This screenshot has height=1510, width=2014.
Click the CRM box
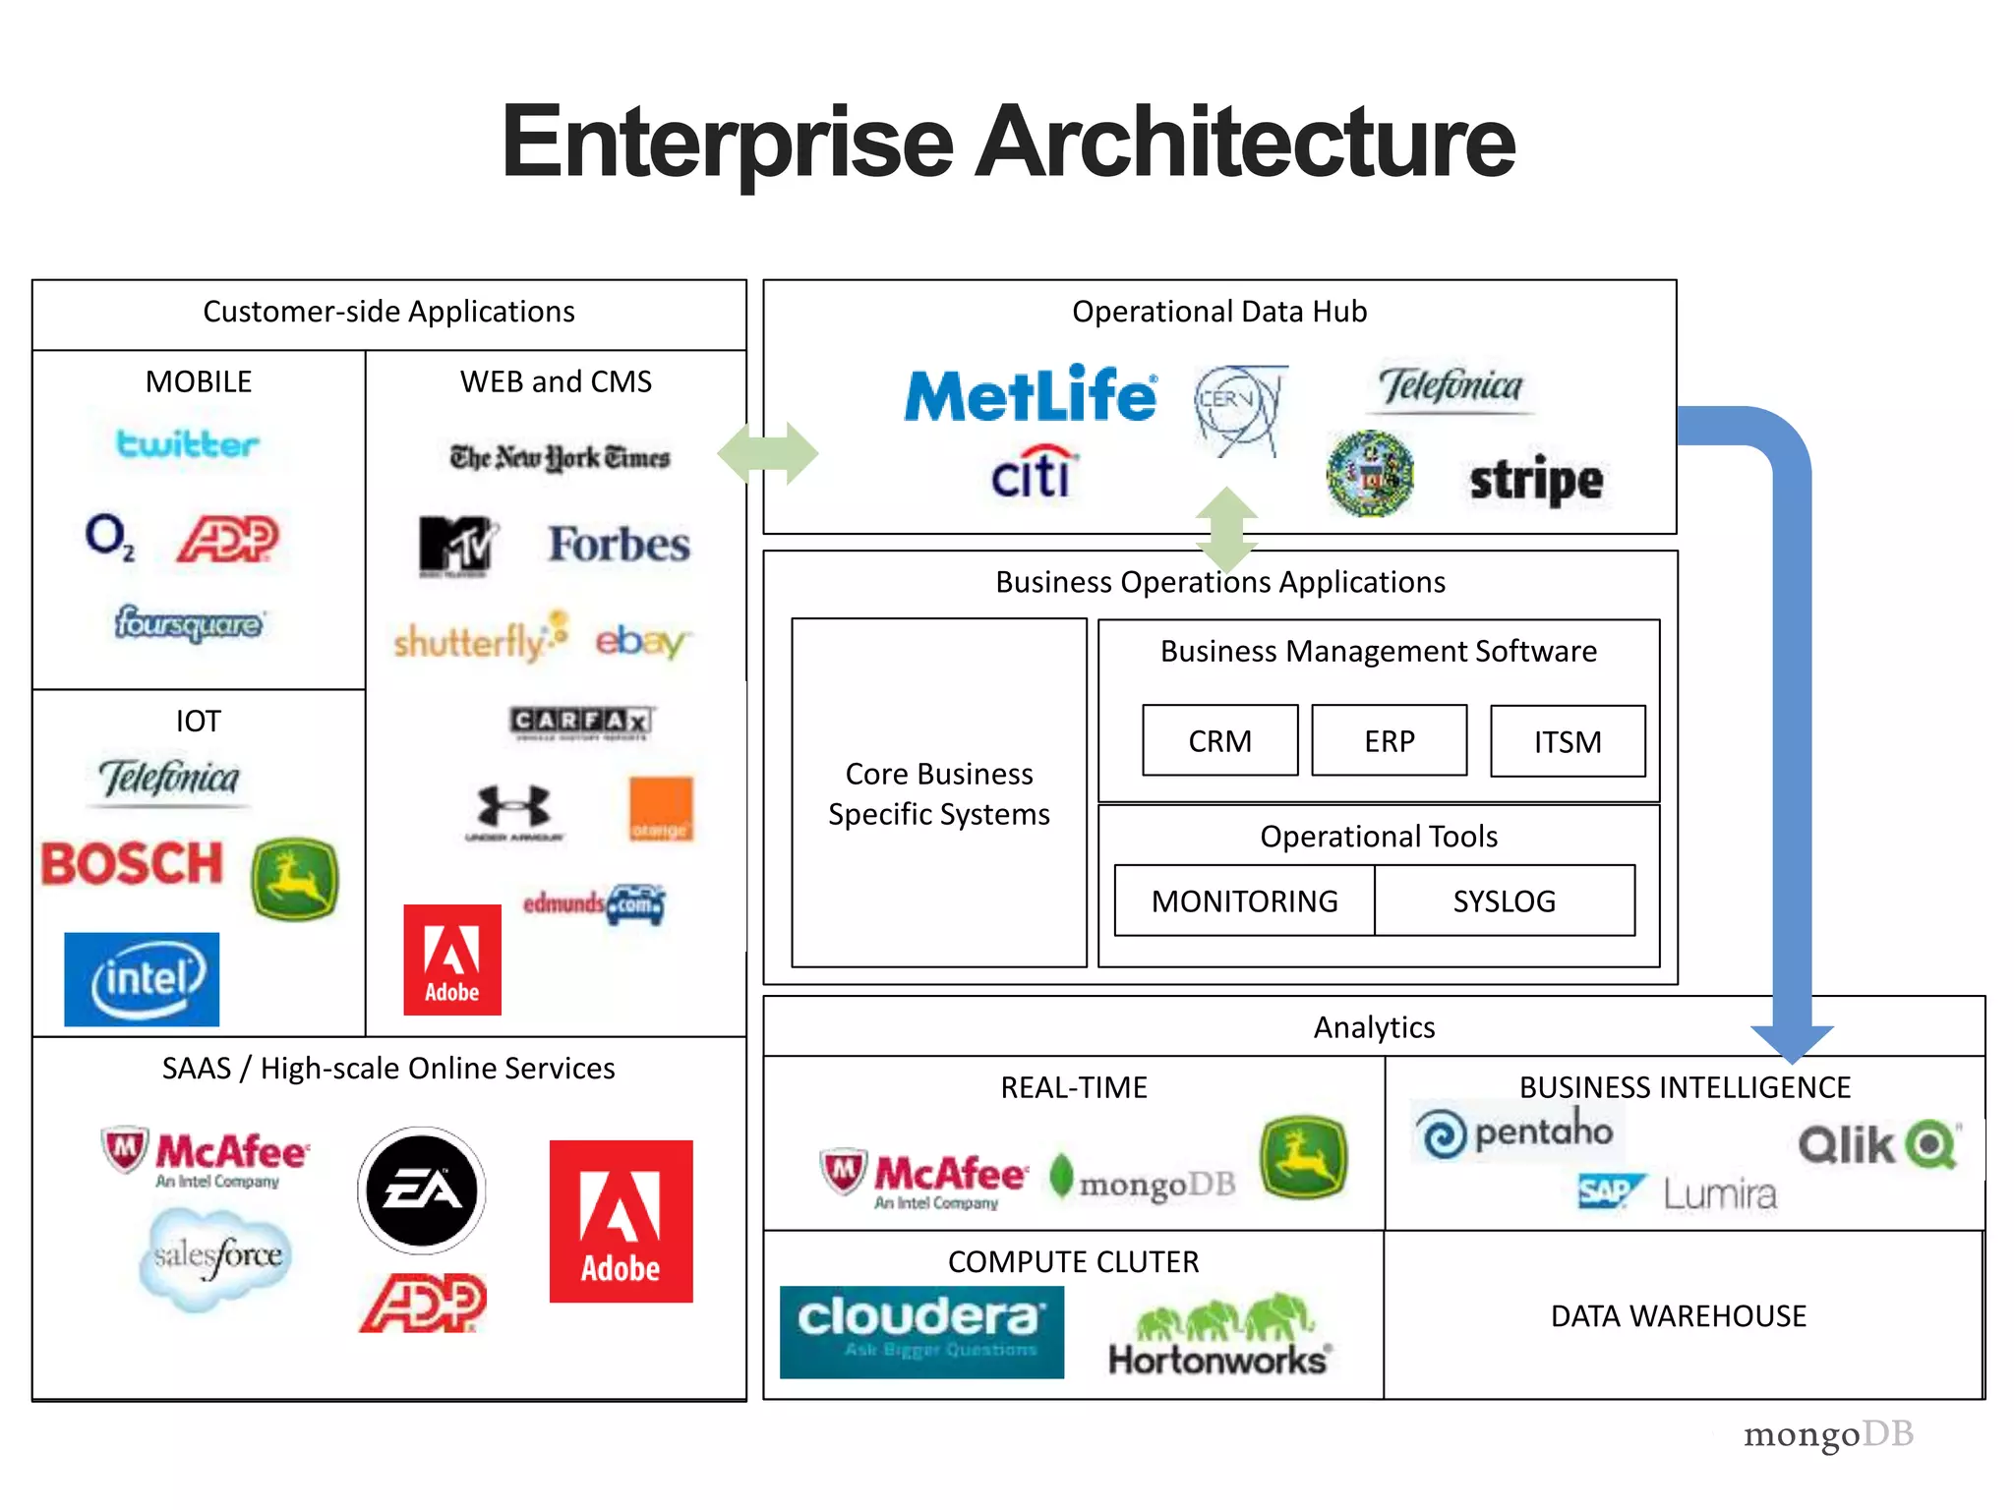[1219, 740]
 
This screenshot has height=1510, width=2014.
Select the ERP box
[1389, 740]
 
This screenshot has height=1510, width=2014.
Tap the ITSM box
[1568, 741]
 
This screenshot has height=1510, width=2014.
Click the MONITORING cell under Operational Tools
[1244, 900]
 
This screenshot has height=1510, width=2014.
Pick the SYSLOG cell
[1505, 900]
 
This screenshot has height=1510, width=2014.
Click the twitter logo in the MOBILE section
[188, 443]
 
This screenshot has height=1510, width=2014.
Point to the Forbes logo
[620, 545]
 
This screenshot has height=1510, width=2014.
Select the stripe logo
[1535, 481]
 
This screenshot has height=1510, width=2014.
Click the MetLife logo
[1030, 395]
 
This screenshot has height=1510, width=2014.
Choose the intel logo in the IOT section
[143, 979]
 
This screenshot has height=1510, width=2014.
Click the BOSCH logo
[132, 864]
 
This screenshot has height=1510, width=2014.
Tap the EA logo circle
[422, 1191]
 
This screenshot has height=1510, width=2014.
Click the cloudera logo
[921, 1331]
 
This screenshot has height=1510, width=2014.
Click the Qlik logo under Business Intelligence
[1878, 1145]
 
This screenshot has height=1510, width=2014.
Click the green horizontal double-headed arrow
[767, 453]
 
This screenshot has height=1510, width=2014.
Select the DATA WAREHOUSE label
[1678, 1315]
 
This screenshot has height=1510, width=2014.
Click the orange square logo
[661, 809]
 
